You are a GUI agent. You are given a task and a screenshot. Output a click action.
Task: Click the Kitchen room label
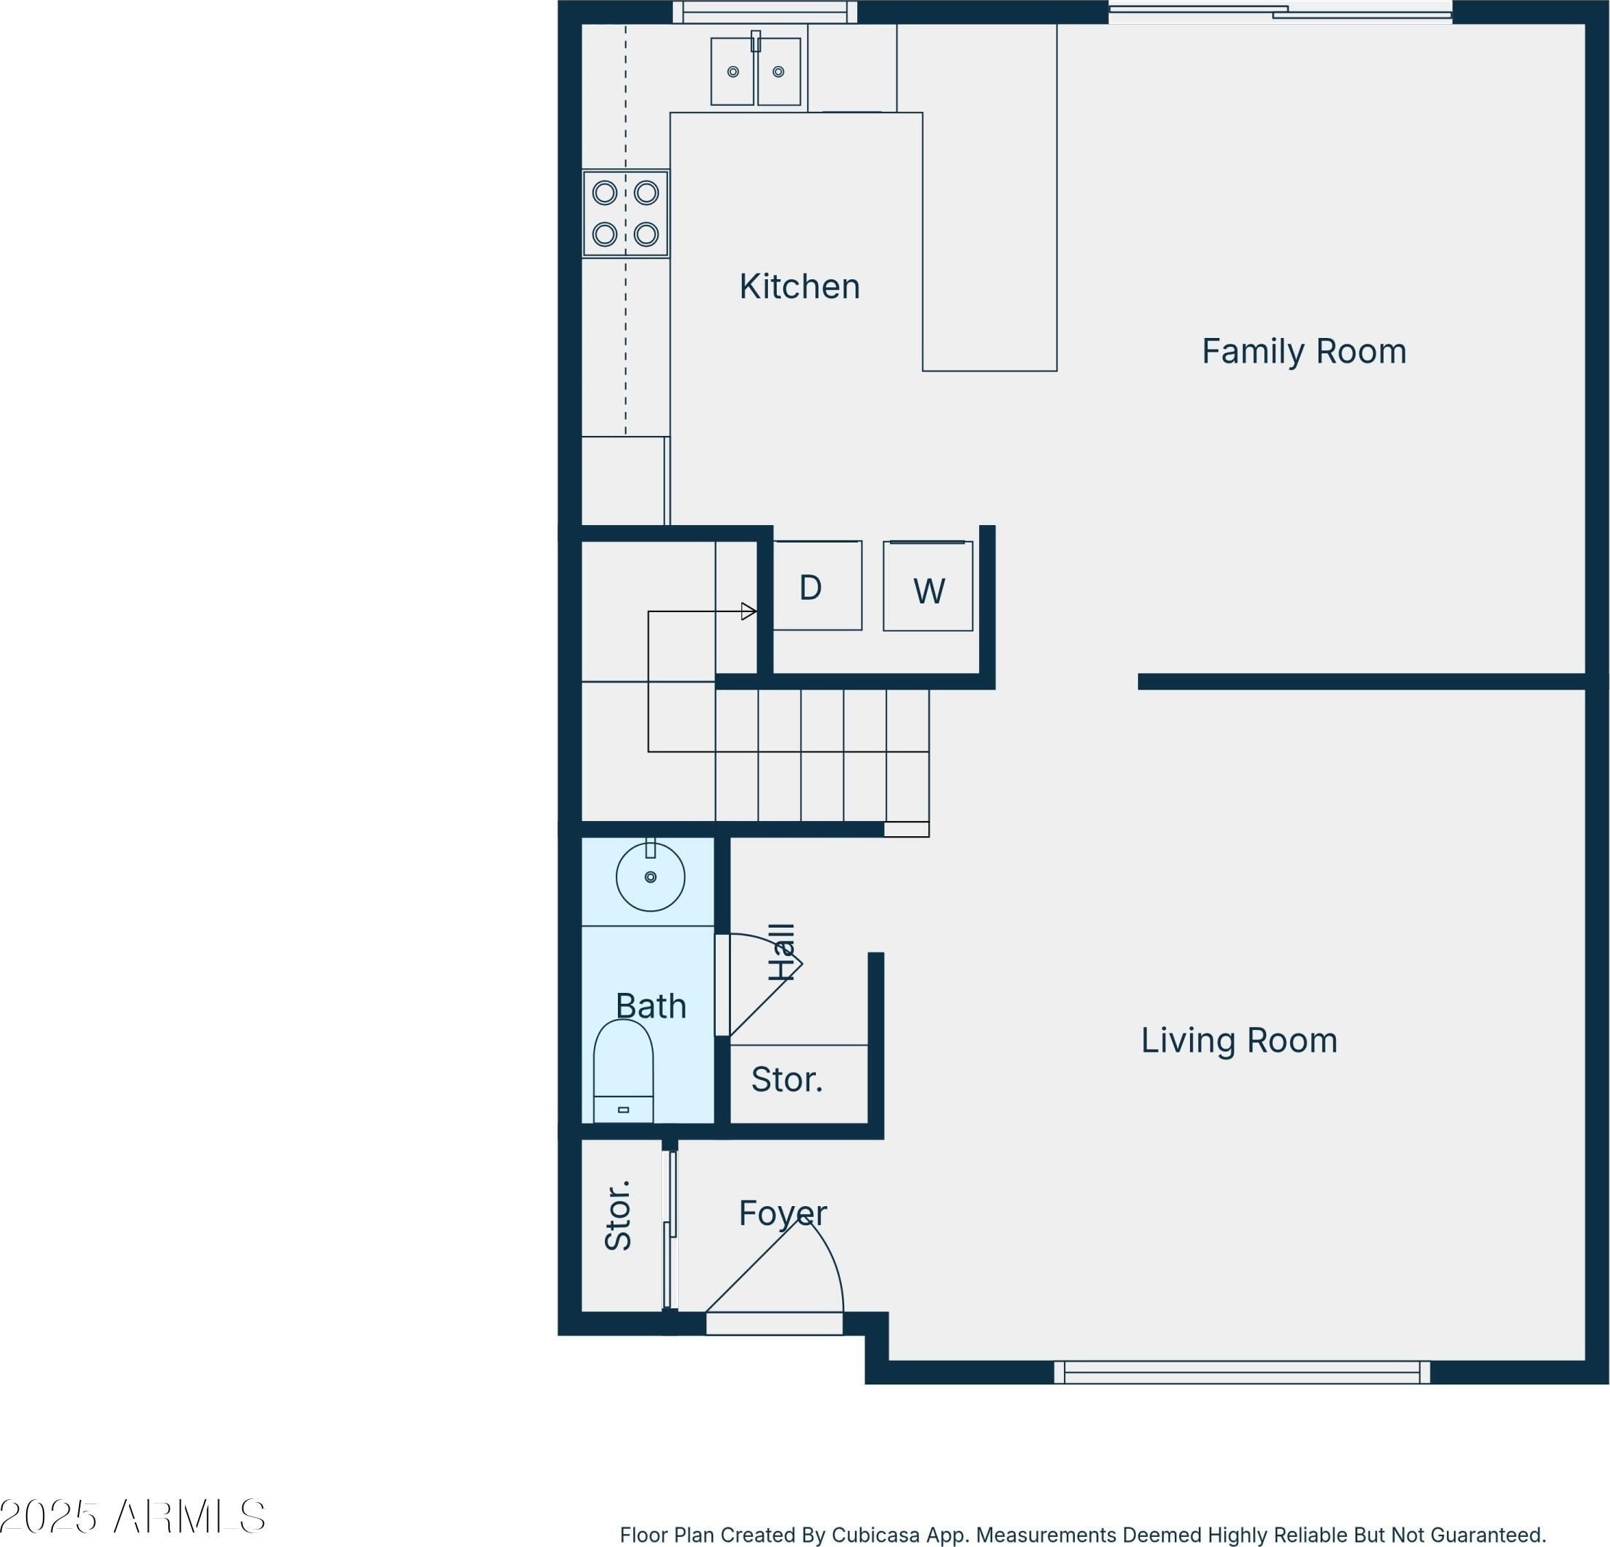799,286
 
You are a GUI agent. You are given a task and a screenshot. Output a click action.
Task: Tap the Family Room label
1304,352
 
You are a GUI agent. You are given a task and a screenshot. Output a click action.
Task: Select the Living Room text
1239,1041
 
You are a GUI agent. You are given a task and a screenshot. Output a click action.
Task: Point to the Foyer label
782,1213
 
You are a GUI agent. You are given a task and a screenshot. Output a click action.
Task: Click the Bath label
651,1007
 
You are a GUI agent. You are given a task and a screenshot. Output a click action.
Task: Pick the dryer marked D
817,586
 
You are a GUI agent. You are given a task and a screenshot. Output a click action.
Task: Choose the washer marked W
928,587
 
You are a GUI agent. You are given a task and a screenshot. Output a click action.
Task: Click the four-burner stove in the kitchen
625,214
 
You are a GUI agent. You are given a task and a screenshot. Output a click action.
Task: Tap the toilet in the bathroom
624,1071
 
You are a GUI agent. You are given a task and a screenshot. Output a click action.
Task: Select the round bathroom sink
651,878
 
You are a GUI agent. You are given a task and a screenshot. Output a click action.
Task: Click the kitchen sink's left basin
732,72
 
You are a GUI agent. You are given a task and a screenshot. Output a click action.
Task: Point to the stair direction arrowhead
748,611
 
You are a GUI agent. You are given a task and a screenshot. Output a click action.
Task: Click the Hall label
782,952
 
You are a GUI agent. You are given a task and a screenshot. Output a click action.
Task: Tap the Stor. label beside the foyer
618,1215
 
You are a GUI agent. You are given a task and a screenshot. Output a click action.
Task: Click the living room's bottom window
1242,1373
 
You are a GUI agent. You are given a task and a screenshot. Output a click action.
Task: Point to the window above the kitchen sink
764,12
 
